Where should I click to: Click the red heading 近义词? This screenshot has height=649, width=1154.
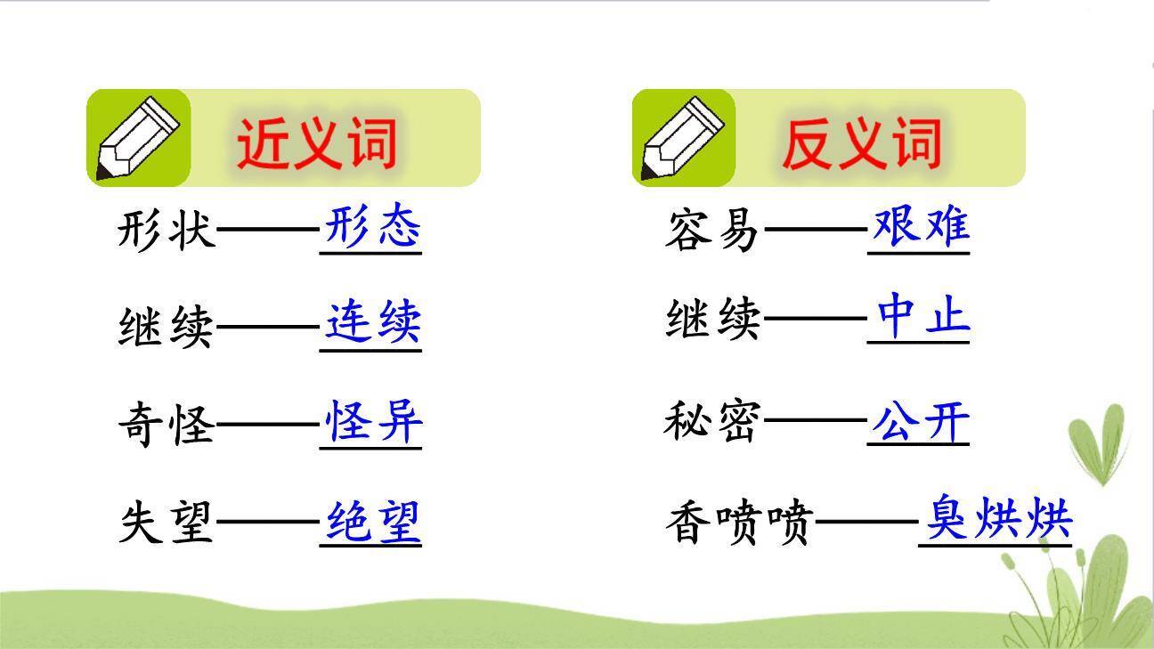point(316,142)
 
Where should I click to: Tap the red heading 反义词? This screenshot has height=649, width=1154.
point(861,142)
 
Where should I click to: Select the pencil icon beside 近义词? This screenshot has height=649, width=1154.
point(138,139)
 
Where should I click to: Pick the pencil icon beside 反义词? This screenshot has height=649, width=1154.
point(684,139)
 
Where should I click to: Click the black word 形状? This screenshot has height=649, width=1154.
point(167,230)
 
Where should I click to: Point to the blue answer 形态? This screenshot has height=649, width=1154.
point(371,227)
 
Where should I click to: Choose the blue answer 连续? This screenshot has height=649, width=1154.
point(371,323)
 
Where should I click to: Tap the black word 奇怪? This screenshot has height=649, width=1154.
point(167,423)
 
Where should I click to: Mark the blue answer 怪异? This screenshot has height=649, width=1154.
point(371,421)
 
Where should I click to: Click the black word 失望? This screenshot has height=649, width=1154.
point(167,523)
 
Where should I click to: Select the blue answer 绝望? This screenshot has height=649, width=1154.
point(371,521)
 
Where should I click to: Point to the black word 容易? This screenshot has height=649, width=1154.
point(712,230)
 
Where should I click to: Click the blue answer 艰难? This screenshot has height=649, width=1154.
point(919,227)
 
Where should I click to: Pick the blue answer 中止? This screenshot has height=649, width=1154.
point(919,317)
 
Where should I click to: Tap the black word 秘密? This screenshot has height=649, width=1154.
point(712,421)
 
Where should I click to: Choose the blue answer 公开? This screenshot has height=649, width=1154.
point(919,423)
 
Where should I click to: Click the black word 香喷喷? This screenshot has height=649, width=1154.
point(738,523)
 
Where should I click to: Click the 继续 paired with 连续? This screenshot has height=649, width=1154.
point(167,327)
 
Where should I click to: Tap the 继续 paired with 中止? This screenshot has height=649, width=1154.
point(712,320)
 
